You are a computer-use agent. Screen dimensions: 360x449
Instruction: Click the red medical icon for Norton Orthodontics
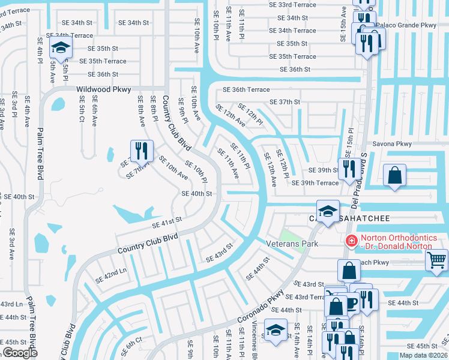pos(351,241)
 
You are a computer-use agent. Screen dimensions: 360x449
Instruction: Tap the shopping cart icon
pos(436,259)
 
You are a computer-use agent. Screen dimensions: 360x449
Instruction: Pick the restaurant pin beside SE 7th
pos(142,151)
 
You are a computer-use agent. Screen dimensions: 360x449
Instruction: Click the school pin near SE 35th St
pos(60,47)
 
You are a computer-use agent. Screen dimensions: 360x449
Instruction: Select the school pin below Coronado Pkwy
pos(276,331)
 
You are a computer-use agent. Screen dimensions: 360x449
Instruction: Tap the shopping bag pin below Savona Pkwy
pos(395,176)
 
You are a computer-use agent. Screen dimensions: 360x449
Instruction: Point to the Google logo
pos(20,353)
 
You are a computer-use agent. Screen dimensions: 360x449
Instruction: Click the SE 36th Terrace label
pos(246,89)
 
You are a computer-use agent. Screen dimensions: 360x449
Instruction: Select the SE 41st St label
pos(166,224)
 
